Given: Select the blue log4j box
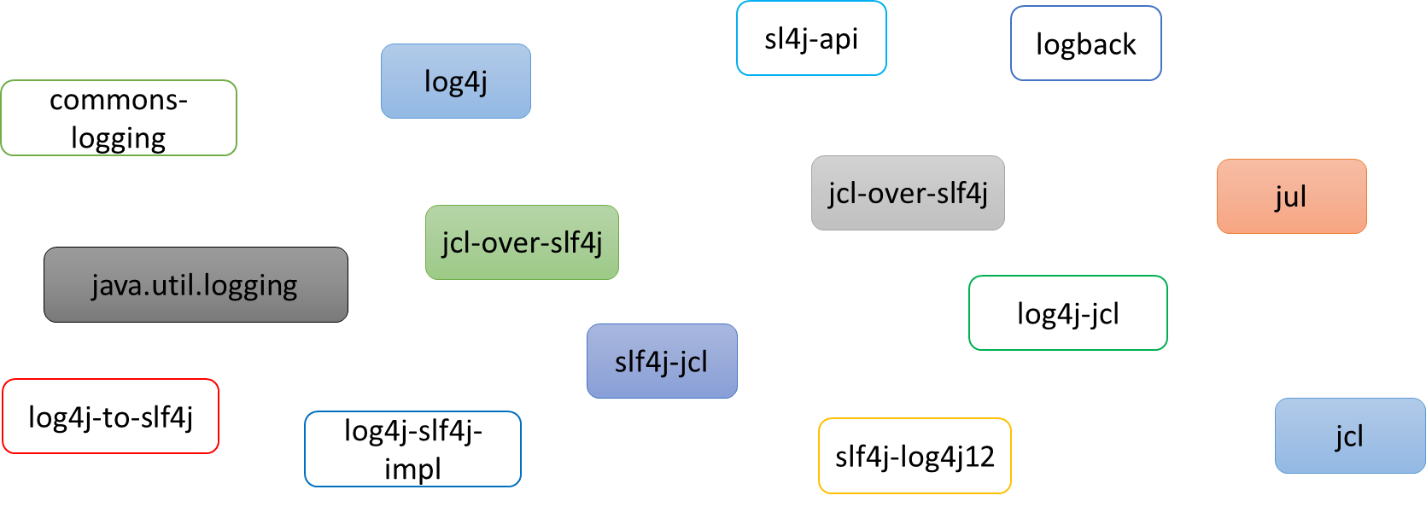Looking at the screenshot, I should [x=455, y=81].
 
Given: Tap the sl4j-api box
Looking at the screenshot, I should [x=811, y=38].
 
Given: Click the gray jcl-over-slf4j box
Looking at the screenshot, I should [x=908, y=193].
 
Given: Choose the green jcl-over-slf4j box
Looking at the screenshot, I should [x=522, y=242].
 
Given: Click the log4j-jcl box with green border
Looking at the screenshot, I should [x=1067, y=313].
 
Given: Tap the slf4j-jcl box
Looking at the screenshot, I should [x=662, y=361].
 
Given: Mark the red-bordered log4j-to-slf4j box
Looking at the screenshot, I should [x=110, y=417].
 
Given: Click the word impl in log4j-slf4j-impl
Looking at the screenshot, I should [x=412, y=469].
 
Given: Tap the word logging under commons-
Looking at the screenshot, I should [x=118, y=137].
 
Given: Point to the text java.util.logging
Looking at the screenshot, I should [x=195, y=284].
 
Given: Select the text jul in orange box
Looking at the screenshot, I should [x=1291, y=196].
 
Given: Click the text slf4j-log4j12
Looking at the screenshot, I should [x=915, y=456].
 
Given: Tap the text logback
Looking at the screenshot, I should [x=1085, y=44].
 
